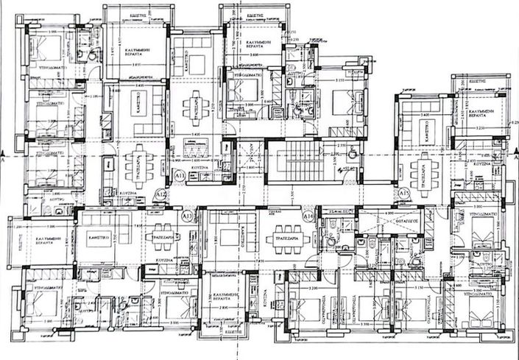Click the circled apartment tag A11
[180, 175]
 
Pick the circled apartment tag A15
[403, 193]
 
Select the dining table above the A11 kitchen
[194, 107]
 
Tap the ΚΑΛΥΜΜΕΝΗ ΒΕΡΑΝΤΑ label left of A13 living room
[41, 244]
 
